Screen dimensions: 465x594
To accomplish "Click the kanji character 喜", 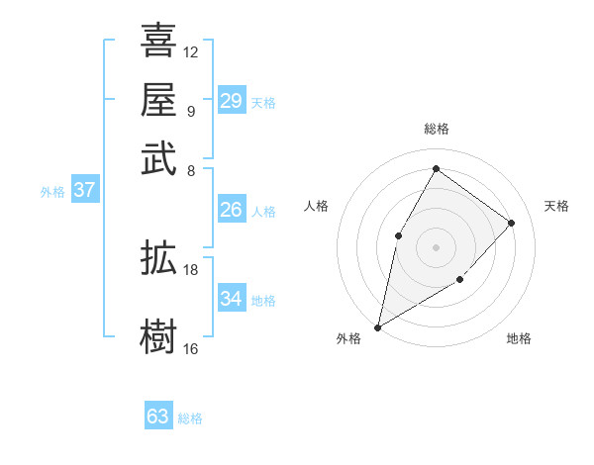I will [158, 41].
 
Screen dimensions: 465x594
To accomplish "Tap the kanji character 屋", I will [158, 100].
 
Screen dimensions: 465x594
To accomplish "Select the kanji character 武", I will [158, 159].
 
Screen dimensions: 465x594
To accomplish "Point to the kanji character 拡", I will [158, 259].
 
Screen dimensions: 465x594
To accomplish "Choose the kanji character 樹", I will [158, 337].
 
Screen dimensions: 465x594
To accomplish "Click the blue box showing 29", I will [231, 101].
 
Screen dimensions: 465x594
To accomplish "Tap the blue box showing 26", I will [231, 210].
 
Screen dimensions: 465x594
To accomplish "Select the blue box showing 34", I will [231, 299].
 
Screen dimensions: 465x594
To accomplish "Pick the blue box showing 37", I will [84, 190].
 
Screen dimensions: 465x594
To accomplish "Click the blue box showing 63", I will [158, 417].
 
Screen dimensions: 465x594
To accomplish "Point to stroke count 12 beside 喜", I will [191, 51].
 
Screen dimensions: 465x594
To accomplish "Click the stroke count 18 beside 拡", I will [191, 269].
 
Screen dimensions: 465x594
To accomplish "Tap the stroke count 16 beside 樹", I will [191, 348].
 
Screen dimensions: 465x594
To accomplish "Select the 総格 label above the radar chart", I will [437, 130].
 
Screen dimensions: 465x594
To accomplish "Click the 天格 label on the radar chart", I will [556, 206].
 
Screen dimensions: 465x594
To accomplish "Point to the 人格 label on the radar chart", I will [316, 206].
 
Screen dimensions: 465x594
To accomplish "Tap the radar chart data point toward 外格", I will [377, 327].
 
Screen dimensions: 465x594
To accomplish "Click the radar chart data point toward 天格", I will [512, 223].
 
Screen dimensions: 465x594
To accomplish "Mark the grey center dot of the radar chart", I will [437, 246].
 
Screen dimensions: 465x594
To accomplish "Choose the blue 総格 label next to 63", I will [190, 418].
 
